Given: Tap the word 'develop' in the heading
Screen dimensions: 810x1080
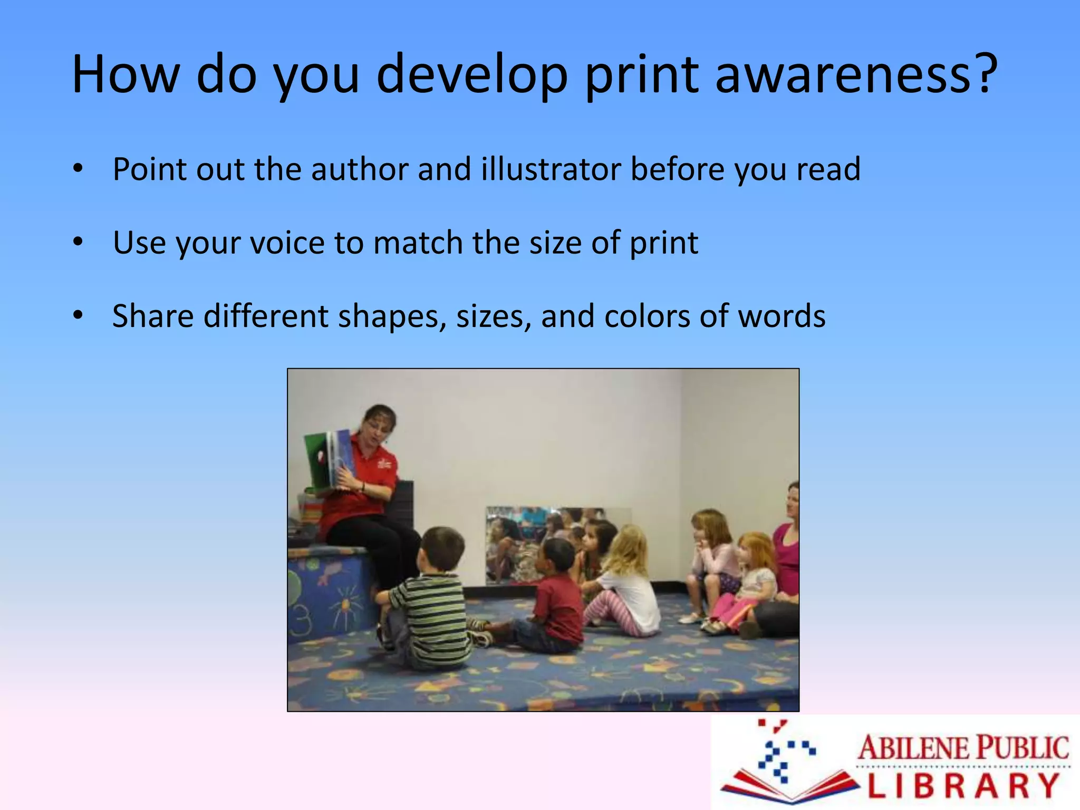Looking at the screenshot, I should point(472,75).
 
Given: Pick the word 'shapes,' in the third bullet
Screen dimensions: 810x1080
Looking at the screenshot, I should point(392,317).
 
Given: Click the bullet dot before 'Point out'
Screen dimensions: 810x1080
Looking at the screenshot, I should point(78,169).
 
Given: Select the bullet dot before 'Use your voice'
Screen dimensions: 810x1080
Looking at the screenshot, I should point(78,243).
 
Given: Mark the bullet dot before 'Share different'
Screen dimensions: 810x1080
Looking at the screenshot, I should point(78,316).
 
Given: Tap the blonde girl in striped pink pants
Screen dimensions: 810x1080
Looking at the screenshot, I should point(628,585).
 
